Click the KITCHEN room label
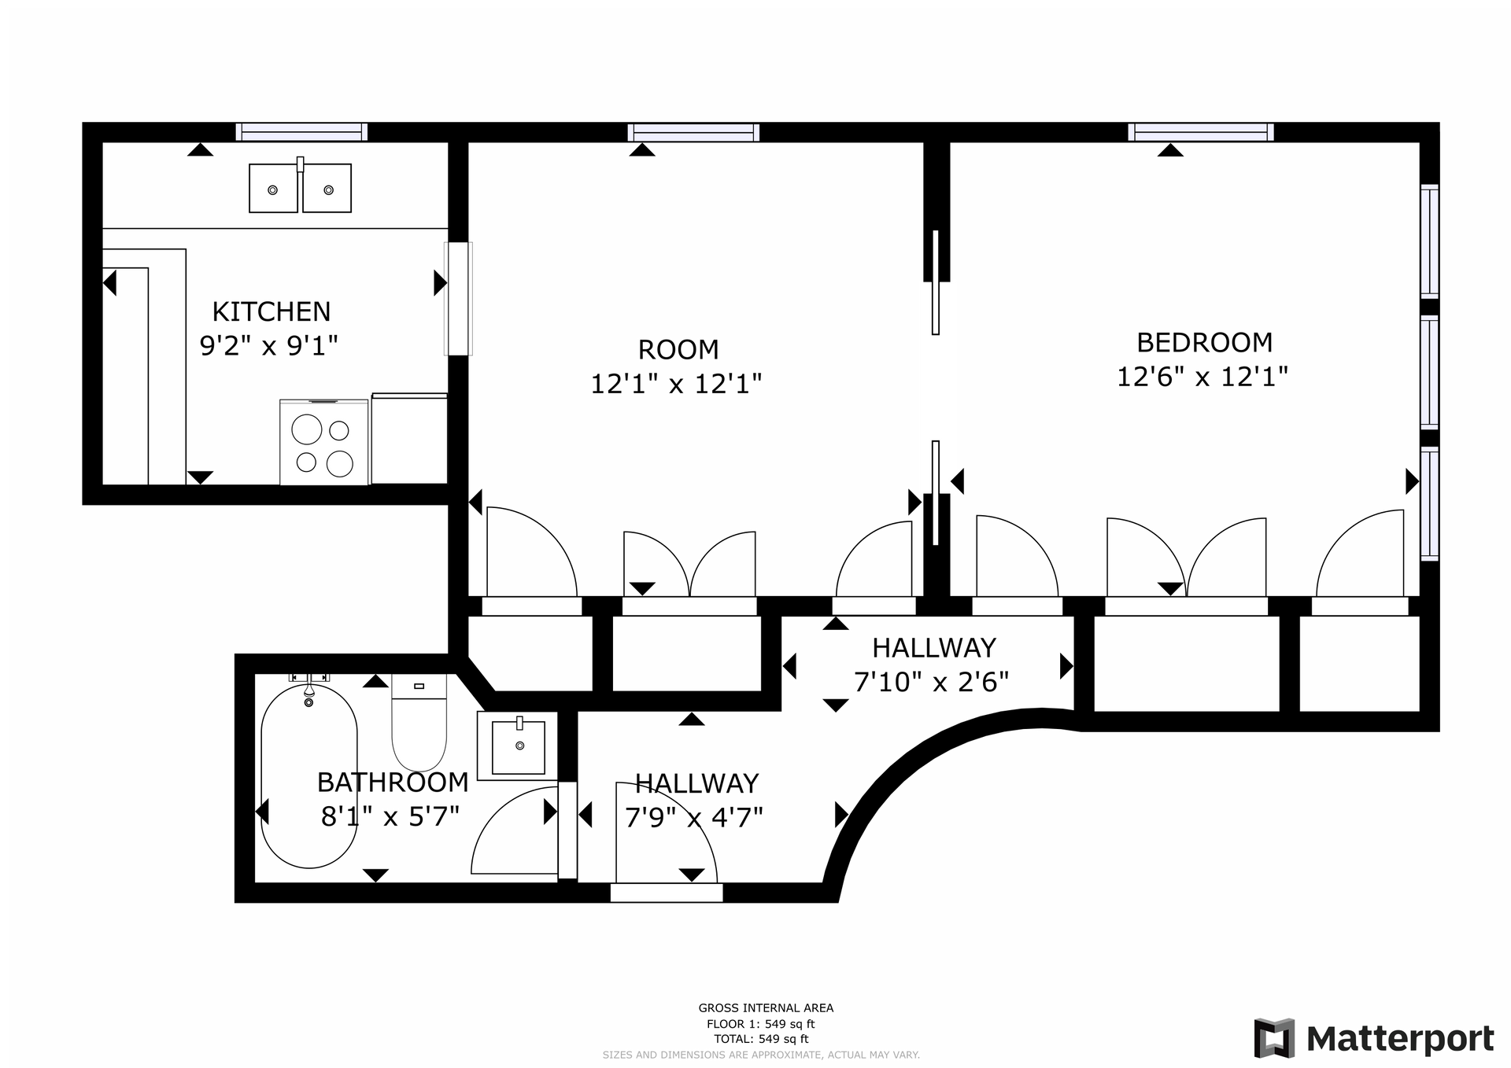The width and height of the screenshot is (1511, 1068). pos(271,311)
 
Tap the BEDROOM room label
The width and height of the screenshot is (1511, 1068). pos(1204,342)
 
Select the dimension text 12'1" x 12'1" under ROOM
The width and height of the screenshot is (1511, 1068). pos(676,384)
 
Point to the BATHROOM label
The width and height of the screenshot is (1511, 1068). pos(393,782)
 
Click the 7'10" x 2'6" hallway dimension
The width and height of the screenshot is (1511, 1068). pos(931,681)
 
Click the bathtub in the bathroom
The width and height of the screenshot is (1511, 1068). pos(308,776)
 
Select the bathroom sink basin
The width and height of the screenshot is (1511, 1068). pos(518,746)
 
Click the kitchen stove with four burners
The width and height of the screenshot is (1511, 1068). pos(323,443)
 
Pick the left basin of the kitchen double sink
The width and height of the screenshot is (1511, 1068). pos(273,189)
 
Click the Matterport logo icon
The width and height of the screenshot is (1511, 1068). pos(1274,1038)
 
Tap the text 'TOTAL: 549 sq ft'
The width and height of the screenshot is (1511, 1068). pos(761,1039)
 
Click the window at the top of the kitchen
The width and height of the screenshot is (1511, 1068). pos(301,131)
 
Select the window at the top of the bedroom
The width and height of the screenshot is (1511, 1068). pos(1200,131)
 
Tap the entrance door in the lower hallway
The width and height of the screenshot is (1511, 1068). pos(667,892)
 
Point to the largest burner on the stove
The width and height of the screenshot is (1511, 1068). pos(306,430)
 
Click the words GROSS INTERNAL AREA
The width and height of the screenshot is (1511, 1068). pos(765,1007)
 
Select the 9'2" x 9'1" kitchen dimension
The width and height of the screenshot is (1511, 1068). pos(268,345)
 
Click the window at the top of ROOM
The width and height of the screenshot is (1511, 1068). pos(693,131)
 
